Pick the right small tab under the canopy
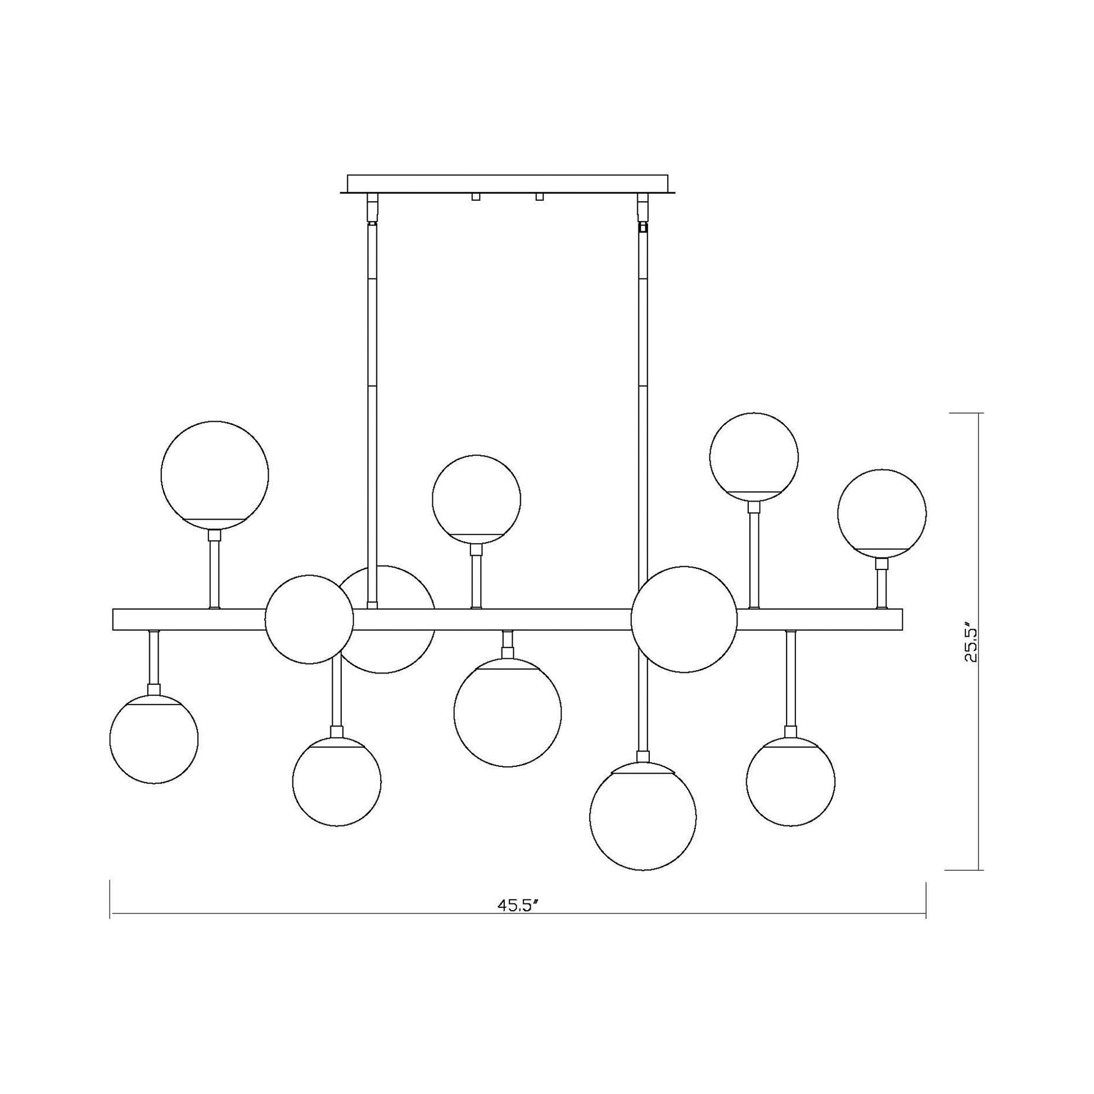pyautogui.click(x=539, y=197)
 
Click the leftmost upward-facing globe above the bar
pyautogui.click(x=215, y=474)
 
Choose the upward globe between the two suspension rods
pyautogui.click(x=476, y=499)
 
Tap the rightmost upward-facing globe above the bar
pyautogui.click(x=881, y=514)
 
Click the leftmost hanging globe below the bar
pyautogui.click(x=154, y=739)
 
